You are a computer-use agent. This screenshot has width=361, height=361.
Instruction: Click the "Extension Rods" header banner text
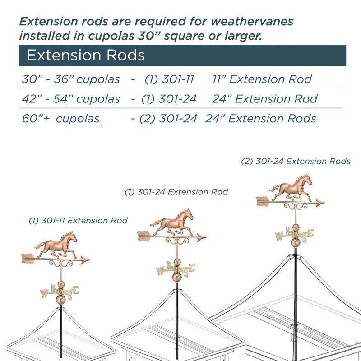pyautogui.click(x=86, y=55)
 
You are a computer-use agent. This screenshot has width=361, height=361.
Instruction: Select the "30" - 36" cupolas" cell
pyautogui.click(x=71, y=79)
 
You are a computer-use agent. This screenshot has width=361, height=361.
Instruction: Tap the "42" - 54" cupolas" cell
pyautogui.click(x=71, y=99)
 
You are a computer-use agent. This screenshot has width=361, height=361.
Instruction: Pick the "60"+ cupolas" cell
pyautogui.click(x=60, y=119)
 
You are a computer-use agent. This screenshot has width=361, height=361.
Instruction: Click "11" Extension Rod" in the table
pyautogui.click(x=262, y=79)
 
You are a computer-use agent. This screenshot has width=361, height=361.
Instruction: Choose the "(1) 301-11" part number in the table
pyautogui.click(x=169, y=79)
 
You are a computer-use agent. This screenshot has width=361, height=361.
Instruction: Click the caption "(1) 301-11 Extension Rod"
pyautogui.click(x=78, y=221)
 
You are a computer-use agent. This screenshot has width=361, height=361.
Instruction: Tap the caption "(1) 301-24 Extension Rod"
pyautogui.click(x=176, y=192)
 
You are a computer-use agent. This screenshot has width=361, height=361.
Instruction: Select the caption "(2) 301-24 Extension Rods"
pyautogui.click(x=296, y=161)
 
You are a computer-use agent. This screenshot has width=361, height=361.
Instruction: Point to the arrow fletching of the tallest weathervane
pyautogui.click(x=263, y=201)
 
